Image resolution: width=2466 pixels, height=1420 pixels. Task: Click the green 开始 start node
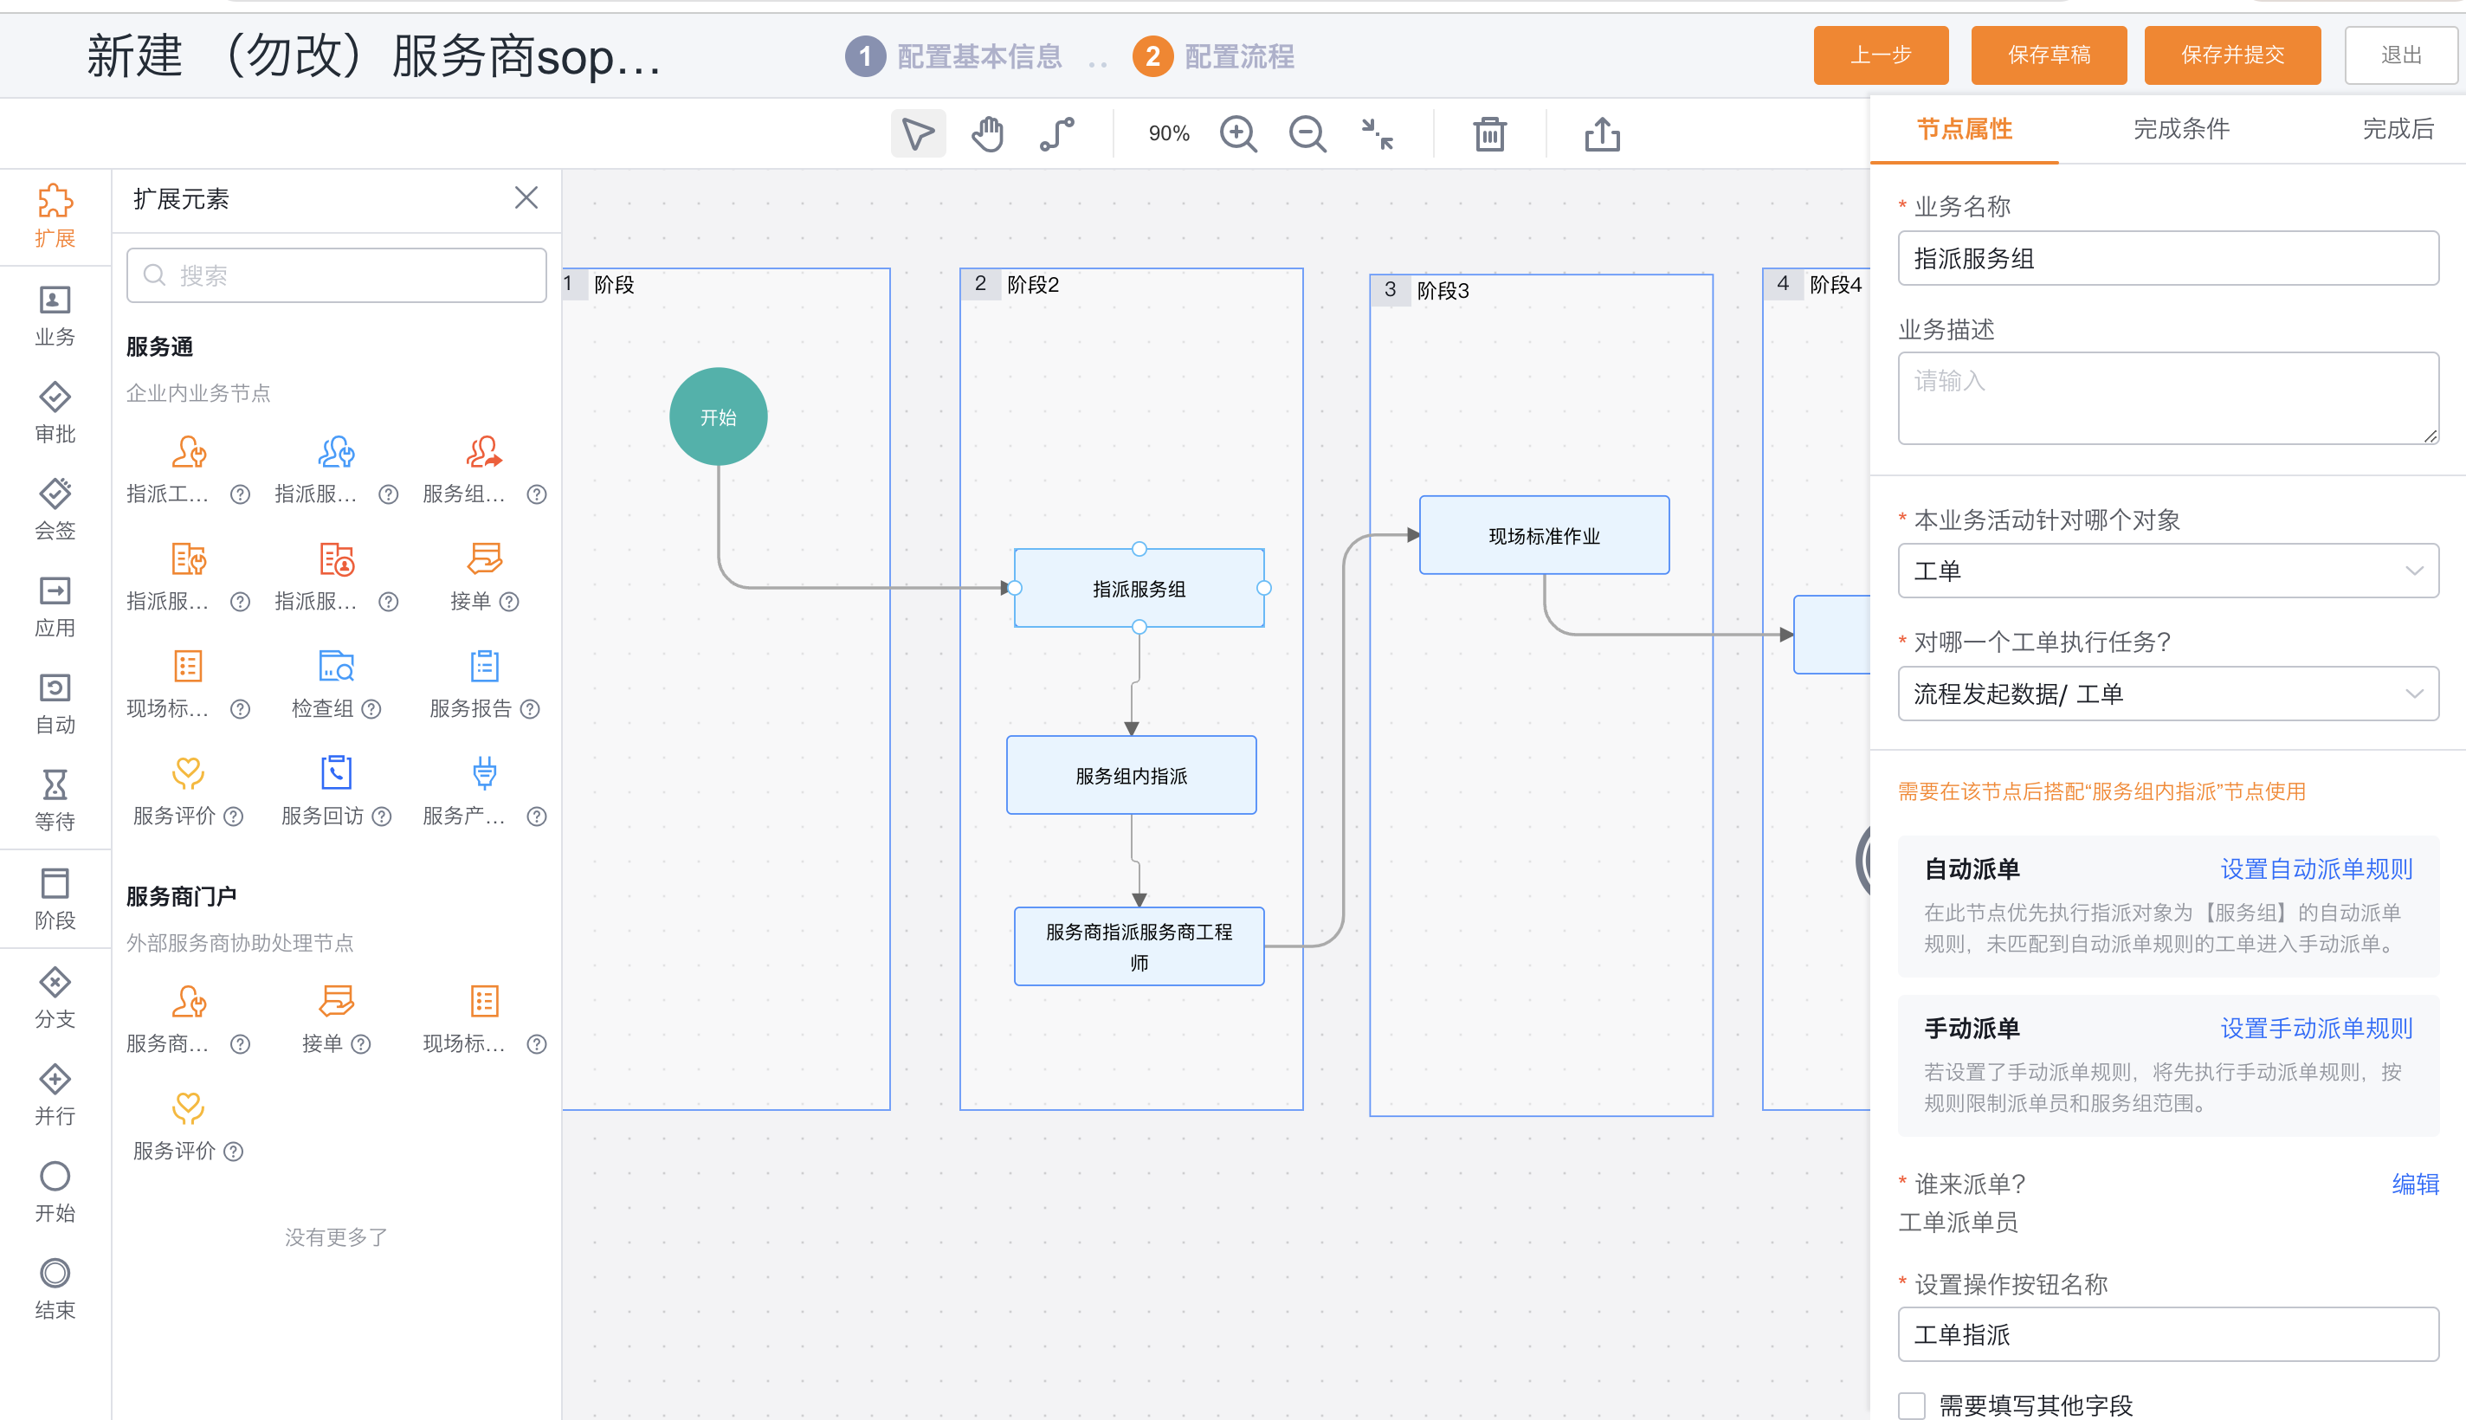pyautogui.click(x=719, y=416)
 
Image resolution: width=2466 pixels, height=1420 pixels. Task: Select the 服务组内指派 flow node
pyautogui.click(x=1131, y=775)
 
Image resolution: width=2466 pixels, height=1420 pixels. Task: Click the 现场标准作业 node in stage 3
pyautogui.click(x=1545, y=535)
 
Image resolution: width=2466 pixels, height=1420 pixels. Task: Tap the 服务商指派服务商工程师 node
pyautogui.click(x=1139, y=946)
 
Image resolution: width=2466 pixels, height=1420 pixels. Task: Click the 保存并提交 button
pyautogui.click(x=2232, y=55)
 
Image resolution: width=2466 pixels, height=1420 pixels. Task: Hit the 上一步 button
pyautogui.click(x=1881, y=55)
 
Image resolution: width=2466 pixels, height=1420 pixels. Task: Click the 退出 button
pyautogui.click(x=2401, y=55)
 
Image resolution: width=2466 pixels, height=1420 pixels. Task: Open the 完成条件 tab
pyautogui.click(x=2181, y=129)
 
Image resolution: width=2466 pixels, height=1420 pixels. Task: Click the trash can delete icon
pyautogui.click(x=1490, y=134)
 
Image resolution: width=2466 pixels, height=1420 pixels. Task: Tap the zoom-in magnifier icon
pyautogui.click(x=1238, y=134)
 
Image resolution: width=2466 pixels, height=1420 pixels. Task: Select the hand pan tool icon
pyautogui.click(x=988, y=134)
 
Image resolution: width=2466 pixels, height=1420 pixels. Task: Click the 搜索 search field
pyautogui.click(x=337, y=276)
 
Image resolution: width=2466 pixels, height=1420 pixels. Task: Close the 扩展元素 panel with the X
pyautogui.click(x=526, y=198)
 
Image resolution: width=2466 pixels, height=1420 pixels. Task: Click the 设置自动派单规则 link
pyautogui.click(x=2317, y=869)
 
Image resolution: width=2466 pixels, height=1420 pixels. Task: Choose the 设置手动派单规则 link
pyautogui.click(x=2317, y=1028)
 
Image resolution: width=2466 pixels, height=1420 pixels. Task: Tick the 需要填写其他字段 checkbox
pyautogui.click(x=1912, y=1405)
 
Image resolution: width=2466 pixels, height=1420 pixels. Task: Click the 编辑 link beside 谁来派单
pyautogui.click(x=2415, y=1184)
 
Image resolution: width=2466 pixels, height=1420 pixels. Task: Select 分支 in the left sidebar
pyautogui.click(x=55, y=997)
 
